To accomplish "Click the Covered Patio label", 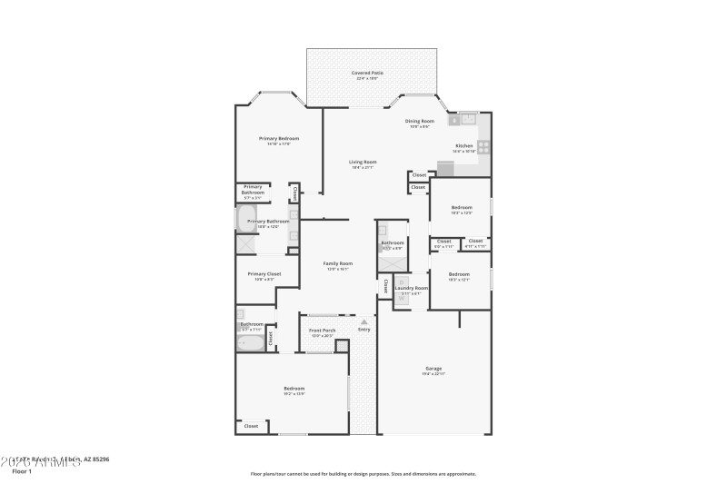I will [x=366, y=73].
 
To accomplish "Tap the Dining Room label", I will [x=420, y=121].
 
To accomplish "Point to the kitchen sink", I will [x=467, y=119].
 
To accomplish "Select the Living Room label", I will [x=363, y=162].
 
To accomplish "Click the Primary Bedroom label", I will [x=279, y=138].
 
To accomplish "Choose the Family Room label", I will [x=338, y=263].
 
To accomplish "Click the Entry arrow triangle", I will [x=364, y=321].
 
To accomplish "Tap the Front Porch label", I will [x=323, y=330].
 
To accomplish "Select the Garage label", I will [x=433, y=368].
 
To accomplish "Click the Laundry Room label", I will [x=405, y=288].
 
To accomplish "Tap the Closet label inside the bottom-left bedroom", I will [x=251, y=425].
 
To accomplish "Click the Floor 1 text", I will [x=22, y=471].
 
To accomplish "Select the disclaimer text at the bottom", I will [x=363, y=473].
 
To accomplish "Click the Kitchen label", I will [x=463, y=145].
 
